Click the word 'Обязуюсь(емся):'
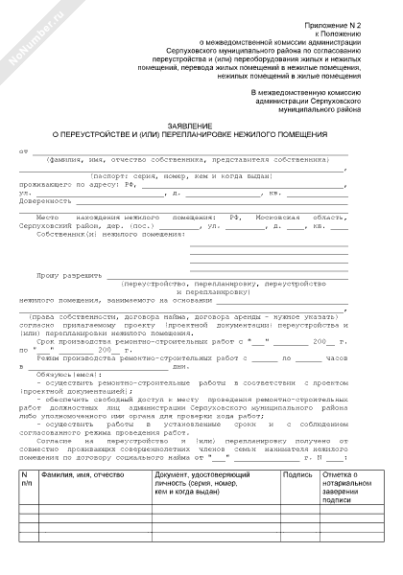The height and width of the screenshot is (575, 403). pos(66,375)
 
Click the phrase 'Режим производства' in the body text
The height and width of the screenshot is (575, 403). pos(76,356)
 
